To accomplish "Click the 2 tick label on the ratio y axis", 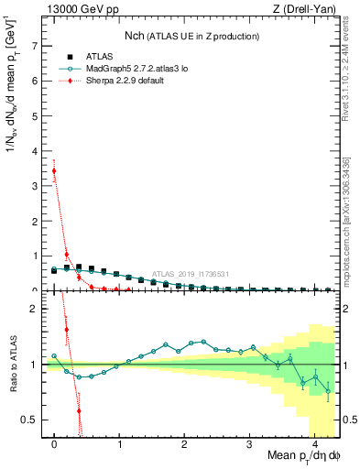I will pos(36,309).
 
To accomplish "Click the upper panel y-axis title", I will pos(13,86).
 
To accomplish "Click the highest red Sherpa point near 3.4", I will pos(55,170).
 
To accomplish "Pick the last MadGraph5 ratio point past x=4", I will pos(328,391).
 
